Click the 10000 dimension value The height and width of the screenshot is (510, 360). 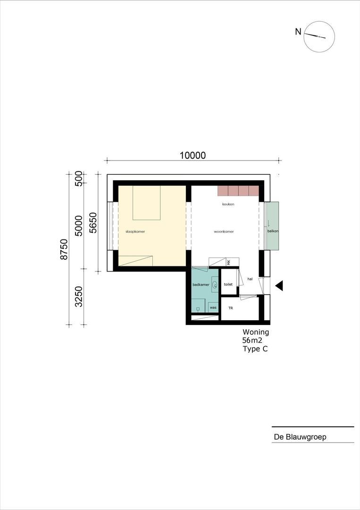tap(193, 155)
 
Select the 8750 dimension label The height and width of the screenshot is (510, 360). tap(64, 249)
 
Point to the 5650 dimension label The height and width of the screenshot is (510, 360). tap(93, 223)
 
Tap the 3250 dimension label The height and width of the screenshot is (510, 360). tap(79, 296)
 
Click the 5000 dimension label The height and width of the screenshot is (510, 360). tap(79, 225)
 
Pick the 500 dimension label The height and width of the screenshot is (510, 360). tap(79, 178)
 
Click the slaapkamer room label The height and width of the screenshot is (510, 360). tap(135, 231)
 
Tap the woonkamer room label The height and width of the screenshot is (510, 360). tap(224, 231)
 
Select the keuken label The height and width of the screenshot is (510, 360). tap(228, 204)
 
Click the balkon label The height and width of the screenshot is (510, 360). tap(273, 231)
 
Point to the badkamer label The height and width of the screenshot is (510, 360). tap(201, 285)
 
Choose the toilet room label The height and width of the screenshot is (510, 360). tap(228, 284)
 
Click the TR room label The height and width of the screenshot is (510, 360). tap(231, 308)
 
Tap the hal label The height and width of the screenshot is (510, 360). tap(250, 279)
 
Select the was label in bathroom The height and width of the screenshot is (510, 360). tap(213, 307)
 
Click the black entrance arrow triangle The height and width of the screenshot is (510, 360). tap(279, 286)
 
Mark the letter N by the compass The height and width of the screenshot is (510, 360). tap(298, 32)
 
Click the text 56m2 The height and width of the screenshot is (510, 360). tap(252, 340)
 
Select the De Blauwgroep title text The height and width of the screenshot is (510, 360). tap(300, 437)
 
